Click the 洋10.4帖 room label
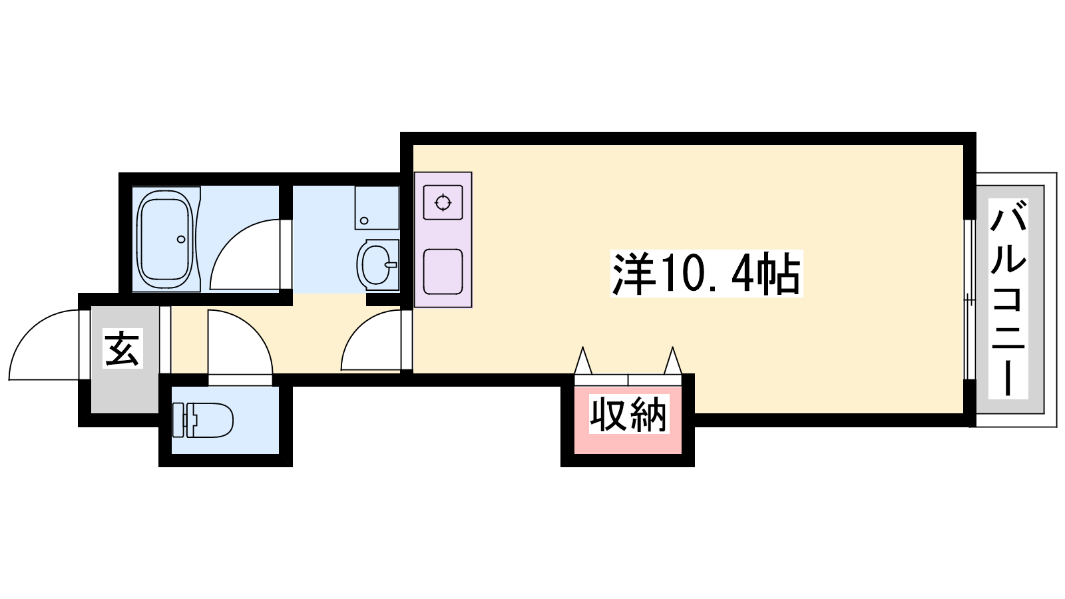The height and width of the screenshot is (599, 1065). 706,274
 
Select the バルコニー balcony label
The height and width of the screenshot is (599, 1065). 1008,298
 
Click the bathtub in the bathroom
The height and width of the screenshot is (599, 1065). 166,239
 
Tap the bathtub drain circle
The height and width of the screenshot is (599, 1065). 181,239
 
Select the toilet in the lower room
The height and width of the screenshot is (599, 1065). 202,420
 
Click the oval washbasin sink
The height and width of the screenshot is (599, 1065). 377,265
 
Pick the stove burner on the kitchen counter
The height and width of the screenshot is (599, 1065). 443,202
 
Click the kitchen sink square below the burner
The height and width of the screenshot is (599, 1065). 443,272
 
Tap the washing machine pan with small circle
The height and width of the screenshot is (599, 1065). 377,208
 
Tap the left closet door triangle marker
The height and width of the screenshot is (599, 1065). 583,360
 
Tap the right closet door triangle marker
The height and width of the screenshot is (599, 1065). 673,360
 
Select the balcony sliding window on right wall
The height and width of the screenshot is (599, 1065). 969,299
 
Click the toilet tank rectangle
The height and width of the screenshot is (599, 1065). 178,420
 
